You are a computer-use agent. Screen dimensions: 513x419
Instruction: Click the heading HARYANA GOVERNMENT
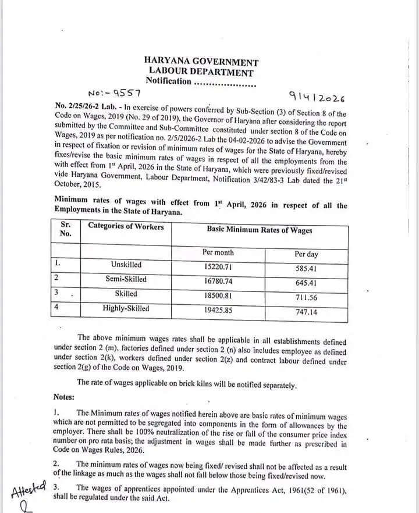point(201,62)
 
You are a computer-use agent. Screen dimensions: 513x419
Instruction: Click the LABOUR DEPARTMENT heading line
point(201,72)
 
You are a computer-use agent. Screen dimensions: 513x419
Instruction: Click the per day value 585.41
point(308,269)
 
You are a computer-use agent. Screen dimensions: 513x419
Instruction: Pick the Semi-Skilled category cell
point(126,279)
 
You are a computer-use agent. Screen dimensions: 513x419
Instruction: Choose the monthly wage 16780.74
point(218,280)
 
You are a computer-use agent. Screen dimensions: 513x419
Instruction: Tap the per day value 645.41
point(308,283)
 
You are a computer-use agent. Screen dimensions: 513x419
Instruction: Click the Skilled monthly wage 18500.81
point(218,295)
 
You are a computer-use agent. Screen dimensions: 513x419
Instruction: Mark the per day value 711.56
point(308,298)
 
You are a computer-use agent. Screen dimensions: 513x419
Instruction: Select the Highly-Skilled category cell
point(126,308)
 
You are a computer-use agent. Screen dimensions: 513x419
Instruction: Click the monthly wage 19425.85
point(218,310)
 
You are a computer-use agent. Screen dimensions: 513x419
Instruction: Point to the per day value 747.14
point(308,312)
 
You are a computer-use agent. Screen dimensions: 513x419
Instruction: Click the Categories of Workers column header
point(126,226)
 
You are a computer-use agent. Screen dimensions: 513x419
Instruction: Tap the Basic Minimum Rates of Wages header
point(260,230)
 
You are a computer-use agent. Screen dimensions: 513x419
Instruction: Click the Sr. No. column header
point(65,229)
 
